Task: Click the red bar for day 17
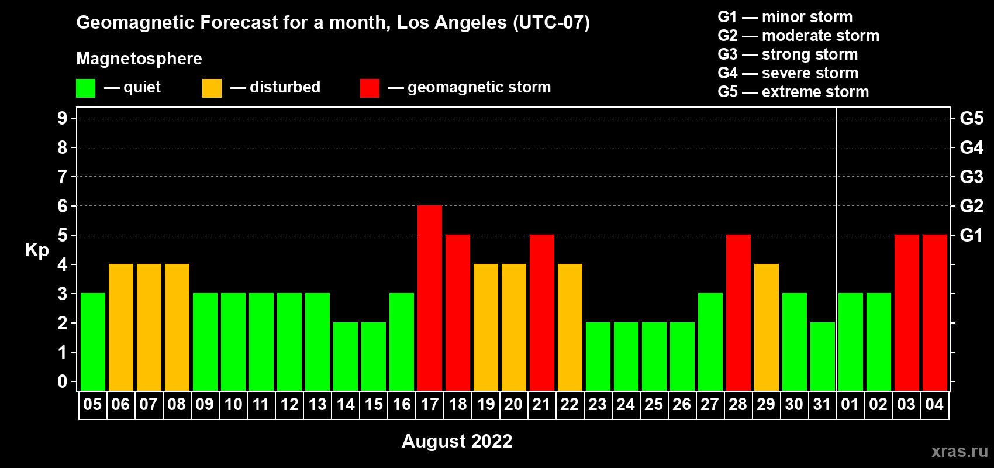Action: click(430, 298)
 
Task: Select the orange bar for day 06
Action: click(120, 327)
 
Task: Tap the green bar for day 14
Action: click(345, 356)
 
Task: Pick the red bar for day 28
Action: click(738, 312)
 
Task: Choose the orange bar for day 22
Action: click(570, 327)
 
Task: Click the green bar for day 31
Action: click(823, 356)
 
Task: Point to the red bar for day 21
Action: click(542, 312)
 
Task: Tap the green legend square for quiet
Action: click(85, 88)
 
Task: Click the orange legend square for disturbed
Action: click(212, 88)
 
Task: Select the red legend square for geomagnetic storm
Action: click(370, 88)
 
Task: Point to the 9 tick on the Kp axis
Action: click(62, 118)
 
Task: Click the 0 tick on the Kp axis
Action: click(62, 381)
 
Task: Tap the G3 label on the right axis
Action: click(972, 177)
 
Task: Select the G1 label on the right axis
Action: click(972, 235)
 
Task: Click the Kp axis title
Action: click(37, 250)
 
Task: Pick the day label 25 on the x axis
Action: click(654, 404)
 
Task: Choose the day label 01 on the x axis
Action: click(850, 404)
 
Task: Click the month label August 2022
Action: click(457, 441)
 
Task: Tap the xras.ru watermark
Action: click(960, 451)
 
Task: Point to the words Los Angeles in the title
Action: click(452, 23)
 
